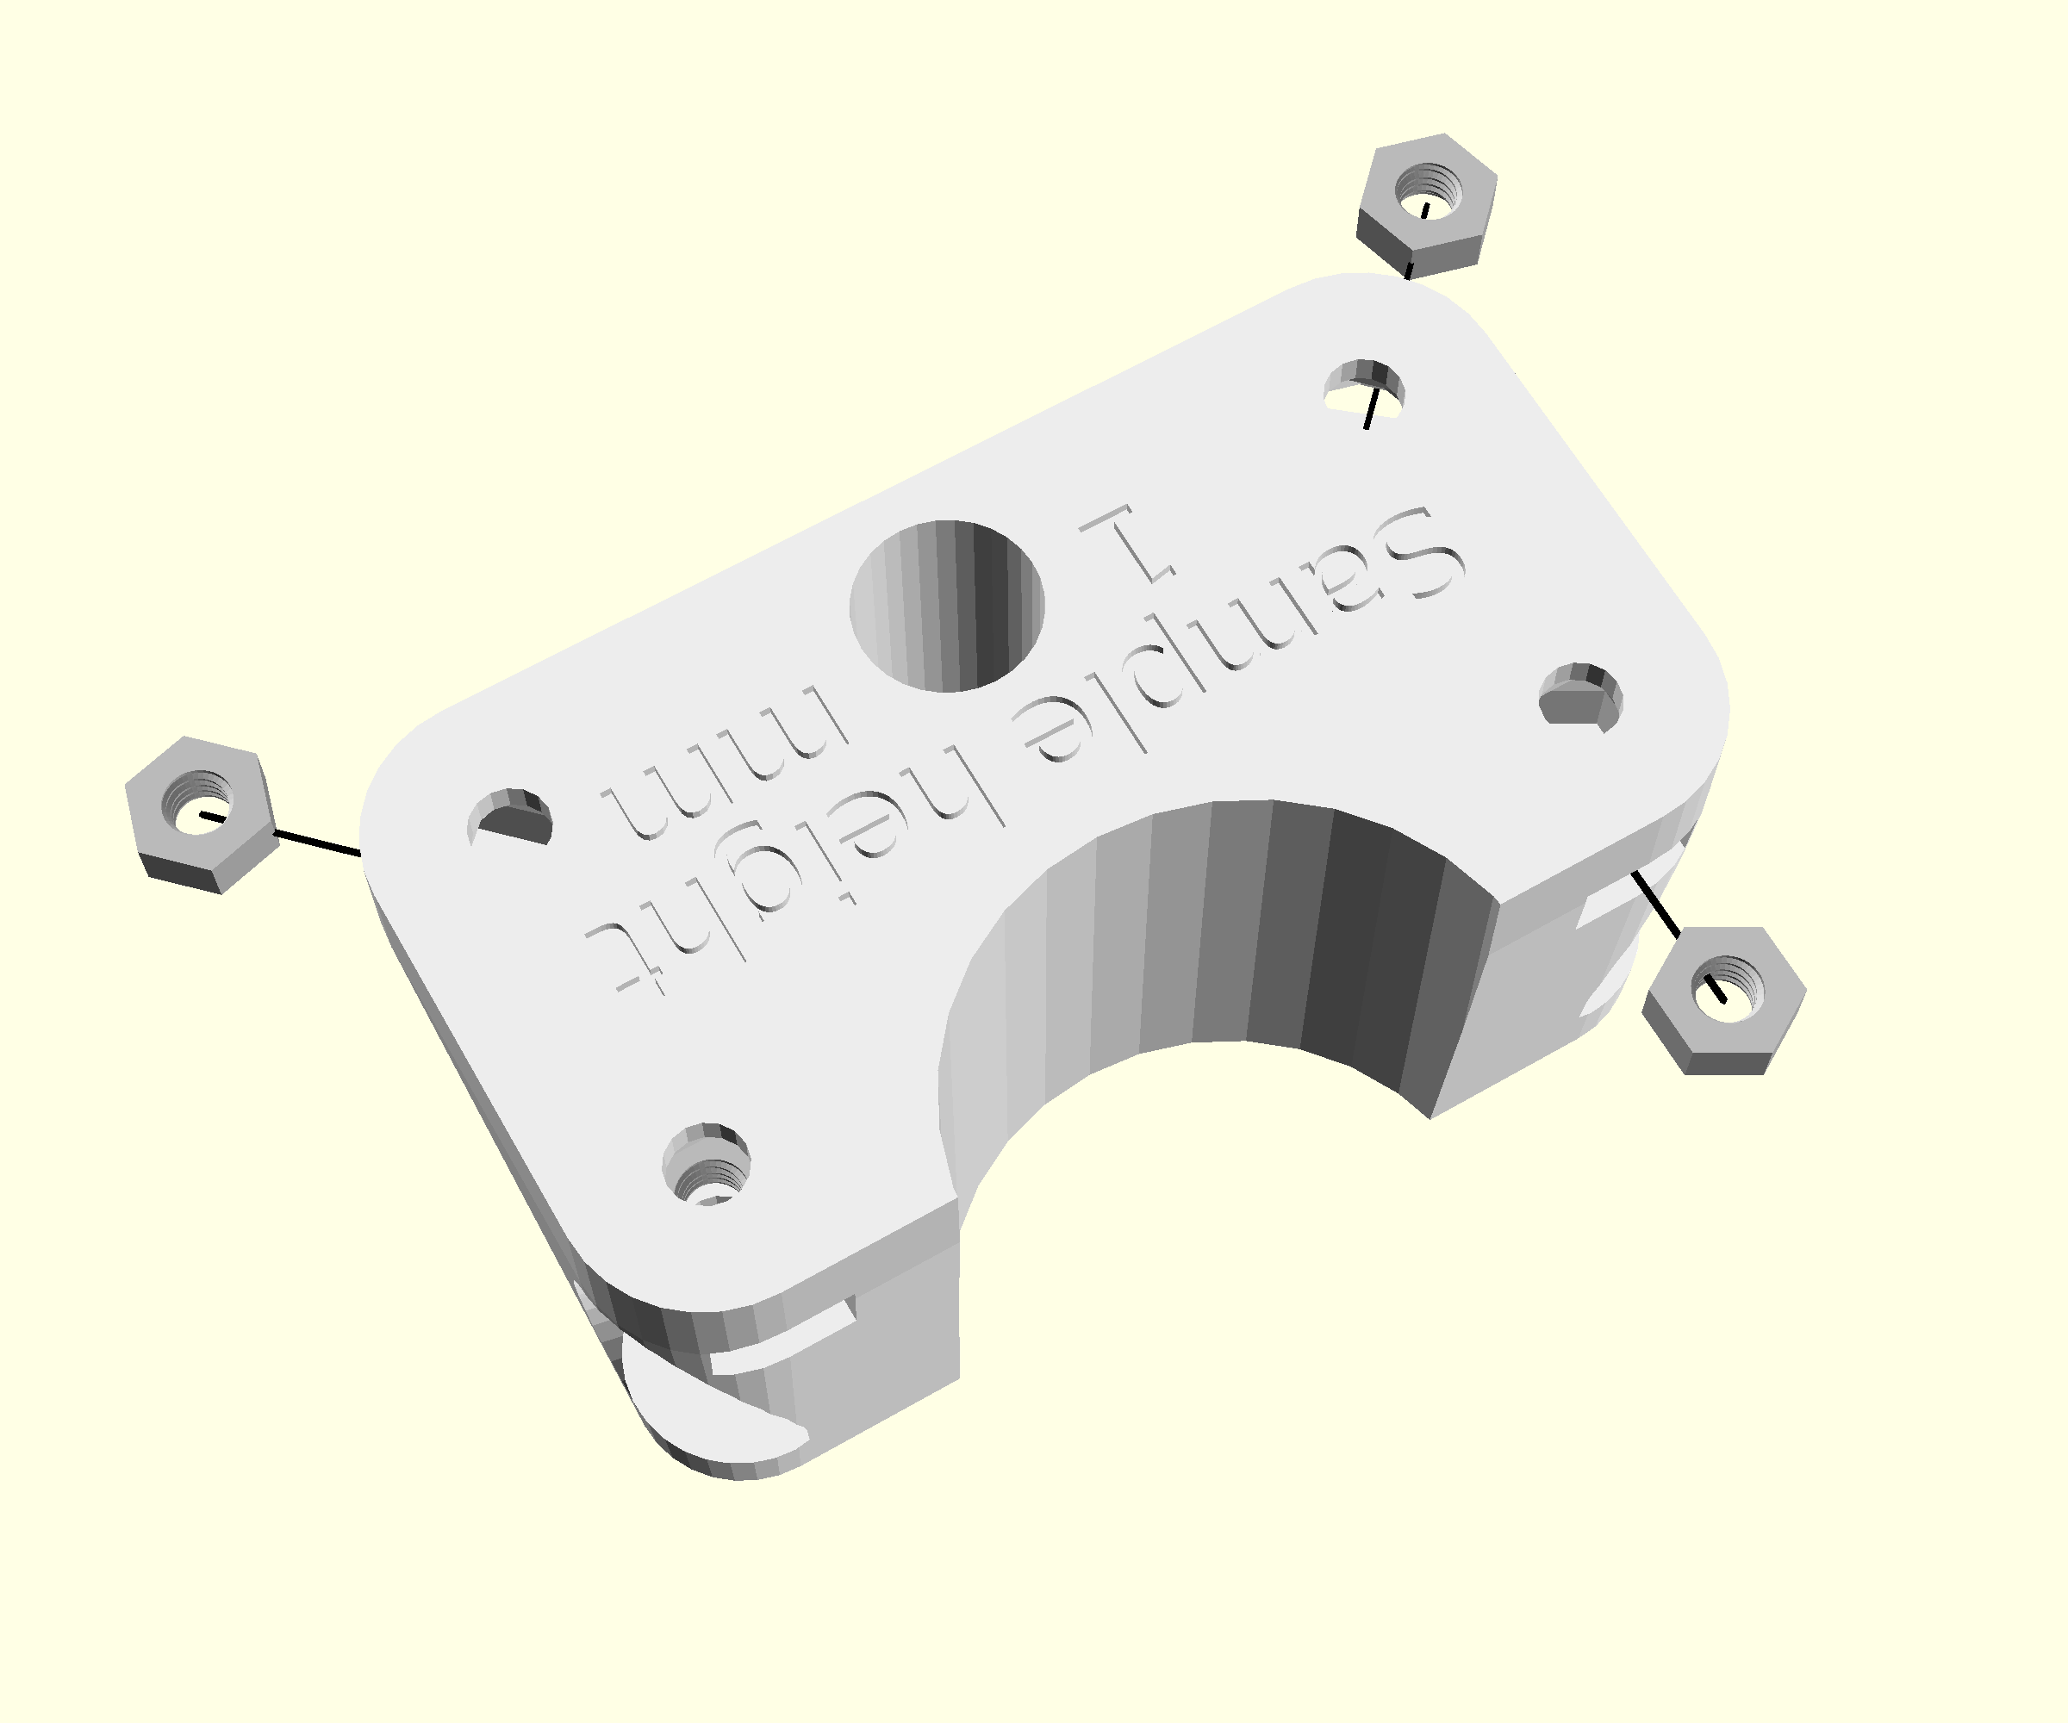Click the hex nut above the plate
[x=1427, y=205]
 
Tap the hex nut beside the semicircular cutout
[x=1724, y=999]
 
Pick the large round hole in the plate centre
[x=946, y=606]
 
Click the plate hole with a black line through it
[x=1364, y=389]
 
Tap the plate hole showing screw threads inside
[x=706, y=1164]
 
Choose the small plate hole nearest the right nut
[x=1580, y=697]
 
